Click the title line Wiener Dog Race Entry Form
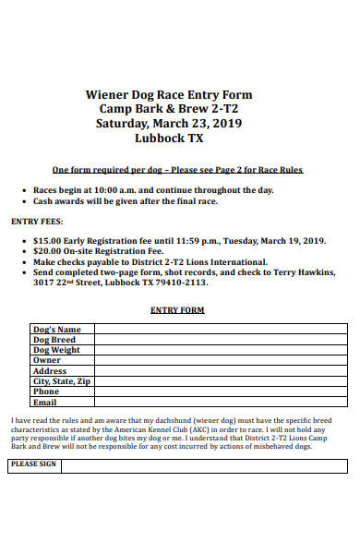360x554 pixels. (168, 94)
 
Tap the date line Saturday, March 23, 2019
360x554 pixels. (168, 124)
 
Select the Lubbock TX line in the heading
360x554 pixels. (168, 138)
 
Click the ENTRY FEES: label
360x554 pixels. (36, 222)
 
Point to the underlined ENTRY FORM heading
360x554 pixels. (177, 310)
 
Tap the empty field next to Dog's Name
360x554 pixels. (221, 330)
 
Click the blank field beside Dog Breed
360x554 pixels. (221, 340)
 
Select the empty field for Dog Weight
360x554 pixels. (221, 350)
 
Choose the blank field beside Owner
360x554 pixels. (221, 360)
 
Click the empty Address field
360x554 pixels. (221, 370)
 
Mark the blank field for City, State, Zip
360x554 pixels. (221, 381)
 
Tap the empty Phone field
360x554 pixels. (221, 391)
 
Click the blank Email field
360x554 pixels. (221, 402)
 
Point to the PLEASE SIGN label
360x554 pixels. (34, 464)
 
